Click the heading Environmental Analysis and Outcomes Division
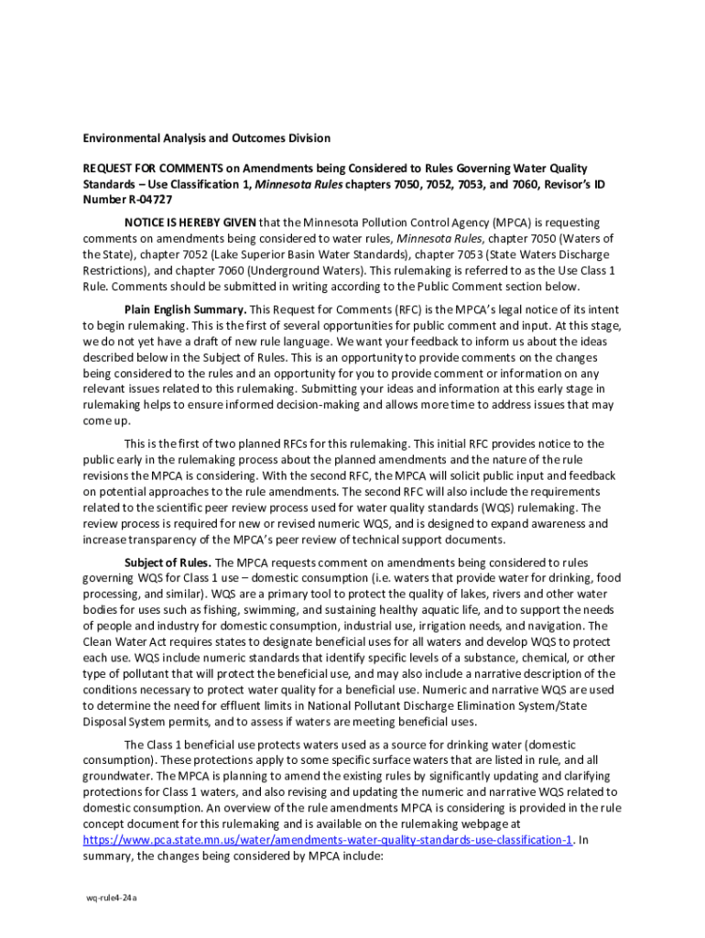[206, 138]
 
